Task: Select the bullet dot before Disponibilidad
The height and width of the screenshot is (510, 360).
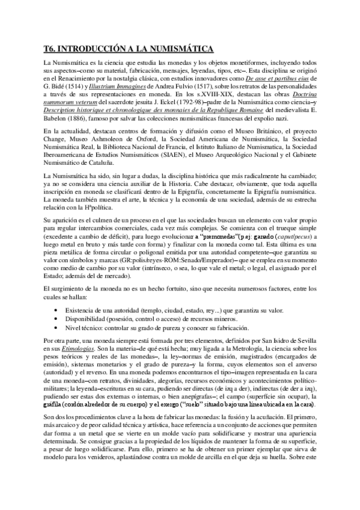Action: tap(55, 319)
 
